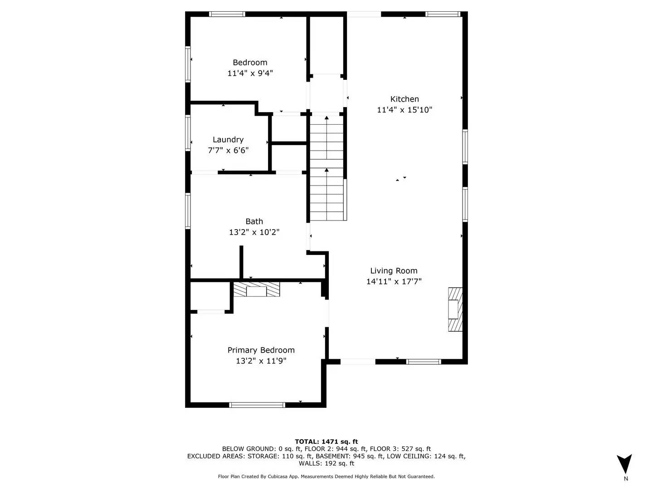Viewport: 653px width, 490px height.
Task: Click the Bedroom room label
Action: [x=250, y=63]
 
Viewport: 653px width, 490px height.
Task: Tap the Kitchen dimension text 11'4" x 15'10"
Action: [x=404, y=110]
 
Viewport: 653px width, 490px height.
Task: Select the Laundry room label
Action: [x=228, y=140]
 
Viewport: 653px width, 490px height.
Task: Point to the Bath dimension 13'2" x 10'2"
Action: [x=254, y=232]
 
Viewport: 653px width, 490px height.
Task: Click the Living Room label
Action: [x=394, y=271]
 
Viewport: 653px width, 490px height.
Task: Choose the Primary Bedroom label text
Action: [x=261, y=350]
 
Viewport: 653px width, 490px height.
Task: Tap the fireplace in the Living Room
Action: [x=455, y=309]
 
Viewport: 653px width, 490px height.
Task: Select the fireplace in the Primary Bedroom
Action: [x=257, y=289]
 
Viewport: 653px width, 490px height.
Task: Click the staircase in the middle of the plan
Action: [x=326, y=168]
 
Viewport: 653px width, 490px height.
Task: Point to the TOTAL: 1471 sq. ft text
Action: [x=326, y=441]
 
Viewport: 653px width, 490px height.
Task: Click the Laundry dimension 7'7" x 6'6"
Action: [x=228, y=151]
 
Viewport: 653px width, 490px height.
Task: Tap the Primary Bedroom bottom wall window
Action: [x=257, y=405]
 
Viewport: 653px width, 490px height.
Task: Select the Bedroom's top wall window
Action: [x=227, y=14]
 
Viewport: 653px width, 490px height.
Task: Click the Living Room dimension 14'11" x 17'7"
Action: [x=394, y=282]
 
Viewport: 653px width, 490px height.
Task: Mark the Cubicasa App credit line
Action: [x=326, y=476]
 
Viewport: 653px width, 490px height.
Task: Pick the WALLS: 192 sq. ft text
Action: [x=326, y=463]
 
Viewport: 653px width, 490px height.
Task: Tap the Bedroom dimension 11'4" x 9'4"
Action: [x=250, y=73]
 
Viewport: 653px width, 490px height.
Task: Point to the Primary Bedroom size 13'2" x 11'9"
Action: [x=261, y=361]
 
